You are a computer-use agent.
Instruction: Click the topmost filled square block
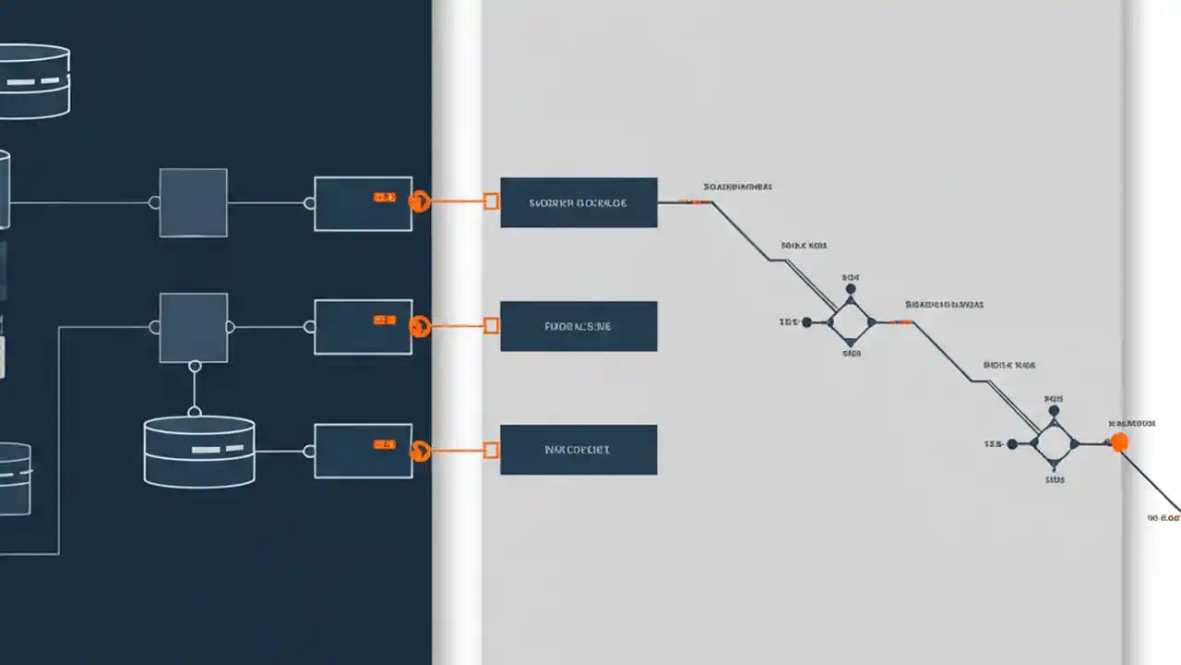coord(194,202)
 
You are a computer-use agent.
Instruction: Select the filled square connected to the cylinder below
coord(194,327)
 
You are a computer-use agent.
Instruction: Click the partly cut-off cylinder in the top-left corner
coord(33,81)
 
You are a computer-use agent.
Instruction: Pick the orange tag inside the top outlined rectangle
coord(384,198)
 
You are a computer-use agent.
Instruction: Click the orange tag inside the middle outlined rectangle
coord(384,320)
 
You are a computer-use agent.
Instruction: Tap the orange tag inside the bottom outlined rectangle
coord(384,445)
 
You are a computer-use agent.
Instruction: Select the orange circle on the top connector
coord(420,200)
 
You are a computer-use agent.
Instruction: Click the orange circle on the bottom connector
coord(420,451)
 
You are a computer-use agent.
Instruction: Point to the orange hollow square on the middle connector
coord(492,325)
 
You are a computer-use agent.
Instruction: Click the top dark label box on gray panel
coord(579,202)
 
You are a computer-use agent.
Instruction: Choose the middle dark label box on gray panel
coord(579,326)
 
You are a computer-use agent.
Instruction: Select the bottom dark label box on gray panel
coord(579,450)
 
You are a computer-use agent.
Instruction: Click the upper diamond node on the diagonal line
coord(850,322)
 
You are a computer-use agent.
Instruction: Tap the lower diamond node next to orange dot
coord(1055,444)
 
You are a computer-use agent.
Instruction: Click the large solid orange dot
coord(1119,442)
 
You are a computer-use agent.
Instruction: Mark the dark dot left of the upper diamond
coord(807,322)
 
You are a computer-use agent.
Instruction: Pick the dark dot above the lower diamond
coord(1055,412)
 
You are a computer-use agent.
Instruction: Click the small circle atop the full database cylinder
coord(195,411)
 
